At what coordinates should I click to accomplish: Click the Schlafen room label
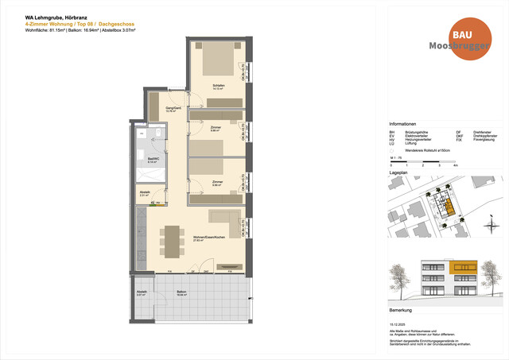(218, 86)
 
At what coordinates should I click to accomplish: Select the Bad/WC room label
(141, 160)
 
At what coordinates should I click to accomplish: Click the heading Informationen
(402, 125)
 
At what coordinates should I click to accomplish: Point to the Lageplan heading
(398, 171)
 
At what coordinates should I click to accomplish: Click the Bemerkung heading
(400, 310)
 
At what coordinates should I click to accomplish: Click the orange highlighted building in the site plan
(450, 208)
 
